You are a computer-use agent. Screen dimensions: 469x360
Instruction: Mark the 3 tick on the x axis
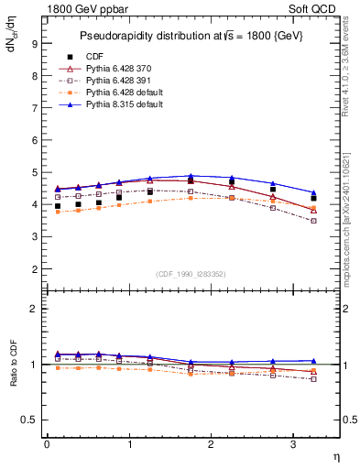293,444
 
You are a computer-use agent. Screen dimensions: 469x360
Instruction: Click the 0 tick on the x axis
47,444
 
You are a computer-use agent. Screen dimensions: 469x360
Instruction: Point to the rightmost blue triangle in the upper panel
314,192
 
